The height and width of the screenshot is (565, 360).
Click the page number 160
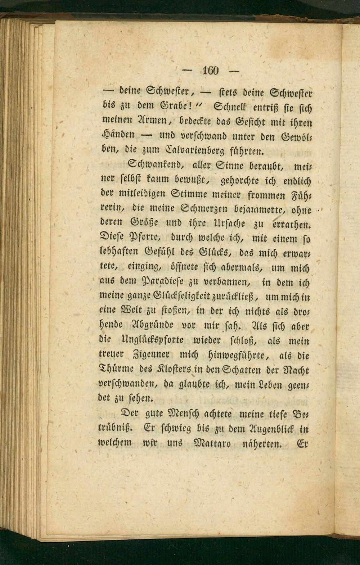(211, 71)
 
